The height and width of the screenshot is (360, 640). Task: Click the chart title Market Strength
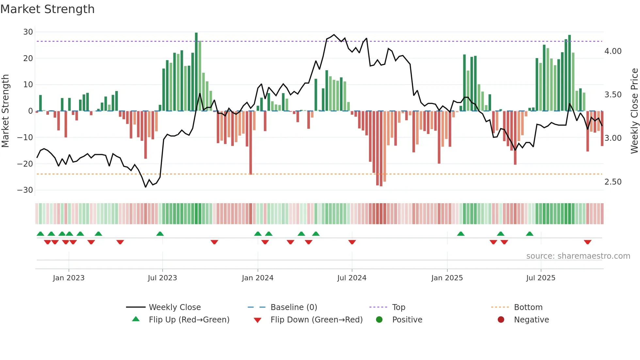tap(48, 9)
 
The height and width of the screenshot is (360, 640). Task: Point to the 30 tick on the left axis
tap(28, 32)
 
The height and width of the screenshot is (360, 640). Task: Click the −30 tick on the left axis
tap(25, 190)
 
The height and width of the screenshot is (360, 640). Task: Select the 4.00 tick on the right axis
tap(613, 51)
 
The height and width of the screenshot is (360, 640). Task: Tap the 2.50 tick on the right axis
tap(613, 182)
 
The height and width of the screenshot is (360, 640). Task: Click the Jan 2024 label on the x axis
tap(258, 278)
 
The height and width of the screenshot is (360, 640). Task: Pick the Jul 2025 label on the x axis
tap(541, 278)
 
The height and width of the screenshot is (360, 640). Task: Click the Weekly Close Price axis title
tap(634, 111)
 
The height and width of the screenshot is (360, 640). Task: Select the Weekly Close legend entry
tap(175, 307)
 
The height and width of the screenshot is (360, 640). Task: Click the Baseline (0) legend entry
tap(294, 307)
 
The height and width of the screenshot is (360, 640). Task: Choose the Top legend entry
tap(398, 307)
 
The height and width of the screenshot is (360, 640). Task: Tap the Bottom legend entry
tap(528, 307)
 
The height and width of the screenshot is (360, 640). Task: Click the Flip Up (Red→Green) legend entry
tap(189, 320)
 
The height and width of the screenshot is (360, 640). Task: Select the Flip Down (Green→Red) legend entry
tap(316, 320)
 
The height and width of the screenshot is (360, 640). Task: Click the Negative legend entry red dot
tap(501, 320)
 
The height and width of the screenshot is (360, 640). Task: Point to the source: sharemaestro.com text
tap(578, 256)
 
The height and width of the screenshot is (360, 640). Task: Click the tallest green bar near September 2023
tap(196, 72)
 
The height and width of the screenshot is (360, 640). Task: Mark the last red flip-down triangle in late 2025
tap(588, 242)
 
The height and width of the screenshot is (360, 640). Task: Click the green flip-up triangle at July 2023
tap(160, 234)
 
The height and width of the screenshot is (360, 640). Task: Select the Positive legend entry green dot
tap(379, 320)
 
